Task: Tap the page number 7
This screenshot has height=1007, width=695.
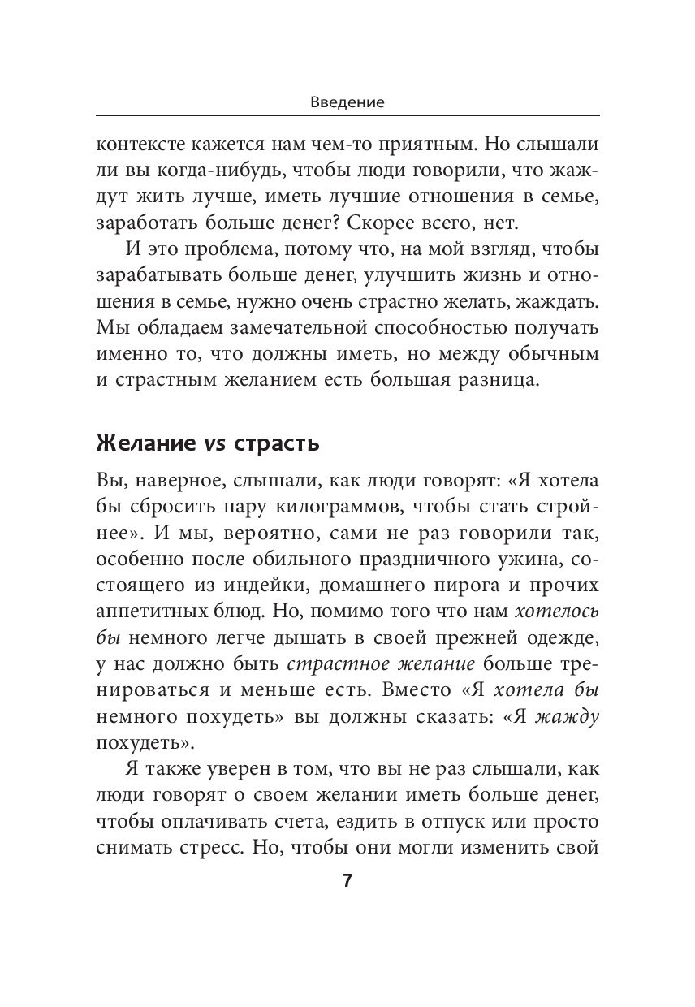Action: [347, 883]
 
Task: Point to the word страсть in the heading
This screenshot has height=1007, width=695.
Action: [275, 445]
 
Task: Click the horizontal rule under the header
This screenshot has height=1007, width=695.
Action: [347, 115]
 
